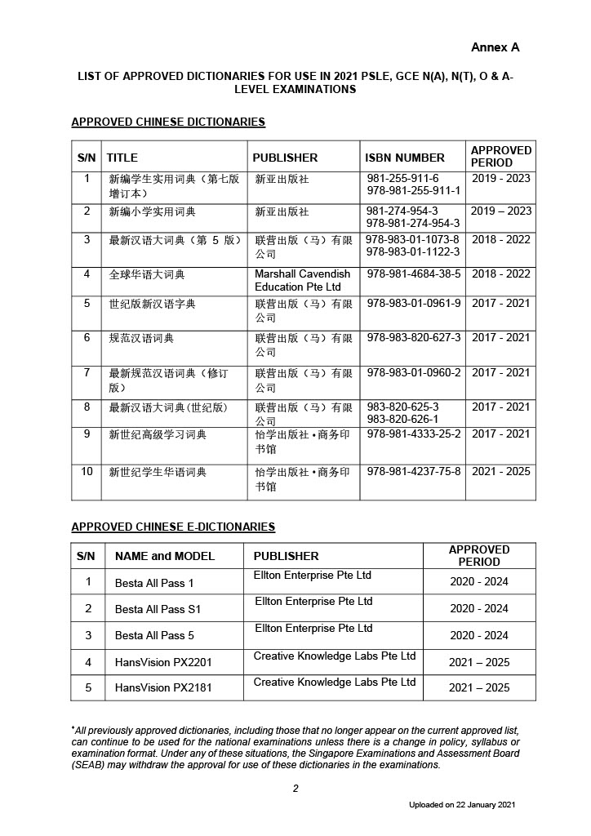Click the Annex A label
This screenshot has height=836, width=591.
pos(495,47)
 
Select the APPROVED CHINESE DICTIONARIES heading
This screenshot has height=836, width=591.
pos(168,122)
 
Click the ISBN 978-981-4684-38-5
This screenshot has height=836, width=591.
pos(414,274)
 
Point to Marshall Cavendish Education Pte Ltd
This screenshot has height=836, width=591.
pos(302,280)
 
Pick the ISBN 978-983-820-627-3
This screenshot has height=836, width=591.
pos(414,338)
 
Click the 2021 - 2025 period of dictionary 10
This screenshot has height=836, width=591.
pos(500,472)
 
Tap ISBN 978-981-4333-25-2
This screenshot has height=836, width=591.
pos(414,434)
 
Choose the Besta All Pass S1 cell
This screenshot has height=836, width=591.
pos(158,609)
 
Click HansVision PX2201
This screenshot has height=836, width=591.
pos(163,662)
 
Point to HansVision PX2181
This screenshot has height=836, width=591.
pos(163,688)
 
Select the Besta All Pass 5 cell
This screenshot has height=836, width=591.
pos(154,635)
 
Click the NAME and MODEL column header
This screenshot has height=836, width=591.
pos(165,556)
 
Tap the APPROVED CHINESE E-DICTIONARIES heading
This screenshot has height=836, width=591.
pos(173,527)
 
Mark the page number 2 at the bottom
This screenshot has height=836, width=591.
pos(295,788)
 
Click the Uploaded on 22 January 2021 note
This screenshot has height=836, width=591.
pos(462,805)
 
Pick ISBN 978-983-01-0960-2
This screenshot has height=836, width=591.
pos(414,373)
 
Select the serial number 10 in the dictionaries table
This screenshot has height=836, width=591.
pos(87,472)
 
